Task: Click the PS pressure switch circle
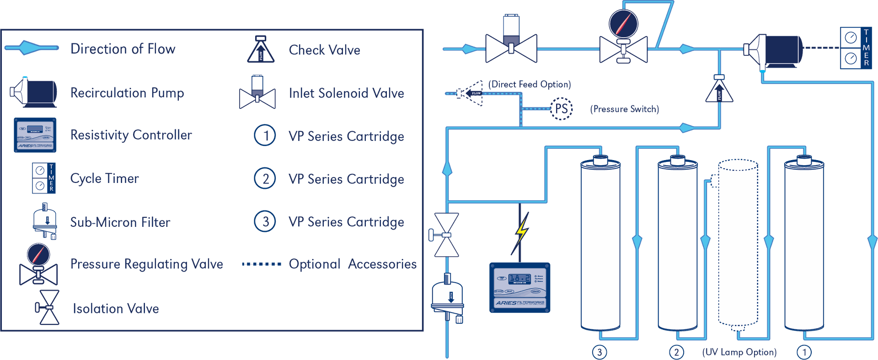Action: click(x=561, y=109)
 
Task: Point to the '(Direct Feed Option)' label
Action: click(x=530, y=85)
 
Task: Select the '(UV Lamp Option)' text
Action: click(x=739, y=352)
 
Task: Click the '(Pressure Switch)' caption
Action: click(x=625, y=109)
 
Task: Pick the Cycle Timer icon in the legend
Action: click(x=44, y=178)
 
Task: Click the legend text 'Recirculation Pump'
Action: click(x=127, y=93)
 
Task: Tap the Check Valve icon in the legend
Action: click(x=261, y=49)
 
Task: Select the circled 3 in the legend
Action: click(x=265, y=221)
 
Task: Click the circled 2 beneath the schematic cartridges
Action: click(x=676, y=352)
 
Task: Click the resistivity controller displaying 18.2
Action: click(x=520, y=288)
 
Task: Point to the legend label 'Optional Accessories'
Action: click(x=353, y=264)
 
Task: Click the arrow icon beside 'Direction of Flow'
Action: click(x=31, y=48)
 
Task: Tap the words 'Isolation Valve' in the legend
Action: click(x=116, y=309)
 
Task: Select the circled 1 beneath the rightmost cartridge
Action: click(x=804, y=352)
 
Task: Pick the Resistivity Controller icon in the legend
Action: click(x=35, y=134)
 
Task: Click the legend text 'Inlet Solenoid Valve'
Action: click(x=346, y=93)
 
